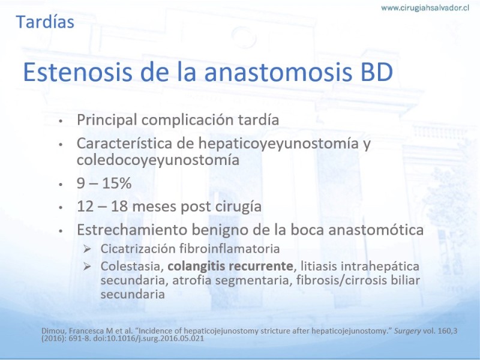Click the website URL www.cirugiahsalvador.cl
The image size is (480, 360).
pyautogui.click(x=425, y=8)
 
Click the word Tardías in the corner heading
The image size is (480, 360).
pyautogui.click(x=45, y=22)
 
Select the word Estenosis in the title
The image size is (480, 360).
pyautogui.click(x=78, y=72)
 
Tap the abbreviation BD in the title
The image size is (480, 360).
pyautogui.click(x=377, y=72)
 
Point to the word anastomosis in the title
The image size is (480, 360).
pyautogui.click(x=278, y=72)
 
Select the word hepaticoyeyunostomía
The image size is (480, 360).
pyautogui.click(x=278, y=143)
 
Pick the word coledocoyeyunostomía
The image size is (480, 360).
pyautogui.click(x=158, y=160)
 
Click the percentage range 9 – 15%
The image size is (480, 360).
pyautogui.click(x=104, y=183)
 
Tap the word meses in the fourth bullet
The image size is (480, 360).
pyautogui.click(x=155, y=206)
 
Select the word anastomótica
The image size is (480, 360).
pyautogui.click(x=376, y=230)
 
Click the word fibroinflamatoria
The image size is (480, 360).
pyautogui.click(x=229, y=248)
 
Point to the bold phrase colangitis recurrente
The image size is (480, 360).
pyautogui.click(x=230, y=266)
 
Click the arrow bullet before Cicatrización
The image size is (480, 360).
pyautogui.click(x=87, y=249)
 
